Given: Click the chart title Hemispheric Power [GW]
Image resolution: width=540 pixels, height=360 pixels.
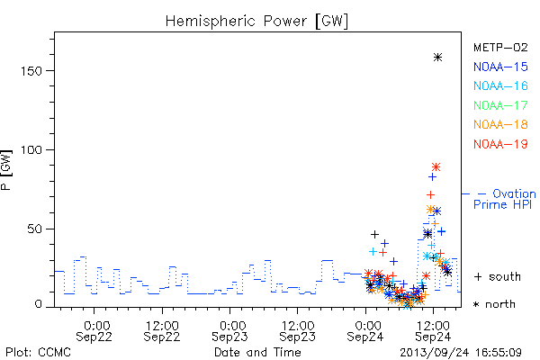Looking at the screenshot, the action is [256, 22].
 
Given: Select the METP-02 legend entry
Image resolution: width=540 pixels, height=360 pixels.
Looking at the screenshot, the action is [500, 47].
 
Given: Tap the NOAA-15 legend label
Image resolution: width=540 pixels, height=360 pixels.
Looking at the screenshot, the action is [500, 67].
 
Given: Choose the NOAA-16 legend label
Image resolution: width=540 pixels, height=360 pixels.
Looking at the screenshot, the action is [500, 85].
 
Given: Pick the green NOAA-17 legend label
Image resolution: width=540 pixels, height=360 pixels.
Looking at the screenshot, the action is [500, 105].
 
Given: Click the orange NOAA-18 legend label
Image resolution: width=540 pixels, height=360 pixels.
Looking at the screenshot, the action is [500, 124].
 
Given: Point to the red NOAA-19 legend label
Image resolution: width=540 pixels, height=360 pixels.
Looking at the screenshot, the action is [500, 144].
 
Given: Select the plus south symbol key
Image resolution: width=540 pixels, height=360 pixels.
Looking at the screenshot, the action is [498, 276].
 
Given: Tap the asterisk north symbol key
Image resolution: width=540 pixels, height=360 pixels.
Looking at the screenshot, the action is [494, 304].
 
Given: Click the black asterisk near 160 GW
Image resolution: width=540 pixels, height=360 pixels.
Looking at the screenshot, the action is [437, 58].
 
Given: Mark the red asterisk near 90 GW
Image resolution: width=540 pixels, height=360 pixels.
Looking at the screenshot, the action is [436, 167].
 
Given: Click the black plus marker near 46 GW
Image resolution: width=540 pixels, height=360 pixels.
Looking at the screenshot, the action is [374, 234].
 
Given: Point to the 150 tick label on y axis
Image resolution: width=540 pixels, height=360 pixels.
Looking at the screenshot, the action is [31, 71].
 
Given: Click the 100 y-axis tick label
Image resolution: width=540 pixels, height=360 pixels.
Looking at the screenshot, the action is [31, 150].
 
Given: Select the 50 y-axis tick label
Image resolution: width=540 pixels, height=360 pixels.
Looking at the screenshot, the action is [35, 229].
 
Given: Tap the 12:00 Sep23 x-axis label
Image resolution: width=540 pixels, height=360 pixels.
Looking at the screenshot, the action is [298, 331].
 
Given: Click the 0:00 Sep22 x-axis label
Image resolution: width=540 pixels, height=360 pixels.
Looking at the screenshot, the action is [94, 331].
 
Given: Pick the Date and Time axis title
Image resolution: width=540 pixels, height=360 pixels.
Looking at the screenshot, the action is [257, 352].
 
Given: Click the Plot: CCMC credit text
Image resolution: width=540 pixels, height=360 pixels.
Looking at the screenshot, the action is [38, 352].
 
